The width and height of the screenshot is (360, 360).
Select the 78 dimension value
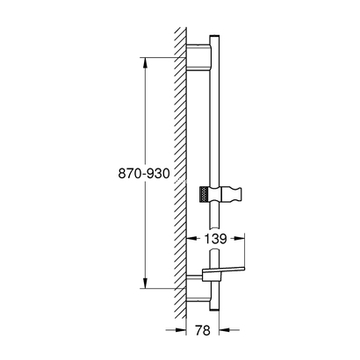pyautogui.click(x=203, y=332)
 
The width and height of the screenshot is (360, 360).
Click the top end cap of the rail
pyautogui.click(x=214, y=40)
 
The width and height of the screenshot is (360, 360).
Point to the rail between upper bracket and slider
pyautogui.click(x=214, y=123)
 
